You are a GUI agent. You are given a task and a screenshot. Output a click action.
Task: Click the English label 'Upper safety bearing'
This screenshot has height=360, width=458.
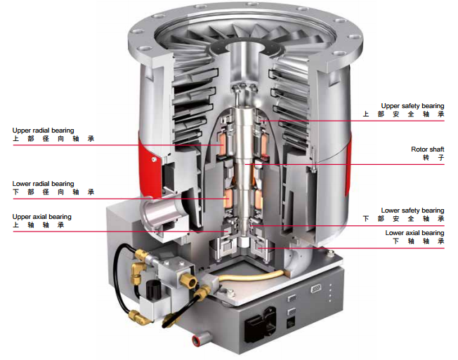(x=412, y=106)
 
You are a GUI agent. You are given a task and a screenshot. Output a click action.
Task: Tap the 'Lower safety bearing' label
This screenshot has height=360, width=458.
(x=412, y=211)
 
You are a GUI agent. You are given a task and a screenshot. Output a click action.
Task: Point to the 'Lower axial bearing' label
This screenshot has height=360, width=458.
(x=414, y=232)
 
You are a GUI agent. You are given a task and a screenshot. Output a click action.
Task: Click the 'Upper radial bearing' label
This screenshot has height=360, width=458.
(x=43, y=131)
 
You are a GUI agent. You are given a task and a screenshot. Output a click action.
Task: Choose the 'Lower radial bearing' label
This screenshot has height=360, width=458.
(x=43, y=184)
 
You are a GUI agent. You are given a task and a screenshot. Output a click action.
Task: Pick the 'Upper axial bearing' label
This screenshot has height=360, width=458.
(x=41, y=217)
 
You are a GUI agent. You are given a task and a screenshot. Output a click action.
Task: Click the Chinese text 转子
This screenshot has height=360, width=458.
(x=436, y=159)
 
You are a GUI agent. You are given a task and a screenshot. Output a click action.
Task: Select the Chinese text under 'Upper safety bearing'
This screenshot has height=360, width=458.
(x=403, y=114)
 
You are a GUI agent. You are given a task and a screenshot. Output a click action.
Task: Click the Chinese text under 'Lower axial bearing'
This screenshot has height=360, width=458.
(x=418, y=241)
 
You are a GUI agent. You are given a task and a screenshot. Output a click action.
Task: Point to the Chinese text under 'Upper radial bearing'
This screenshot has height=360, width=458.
(x=53, y=140)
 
